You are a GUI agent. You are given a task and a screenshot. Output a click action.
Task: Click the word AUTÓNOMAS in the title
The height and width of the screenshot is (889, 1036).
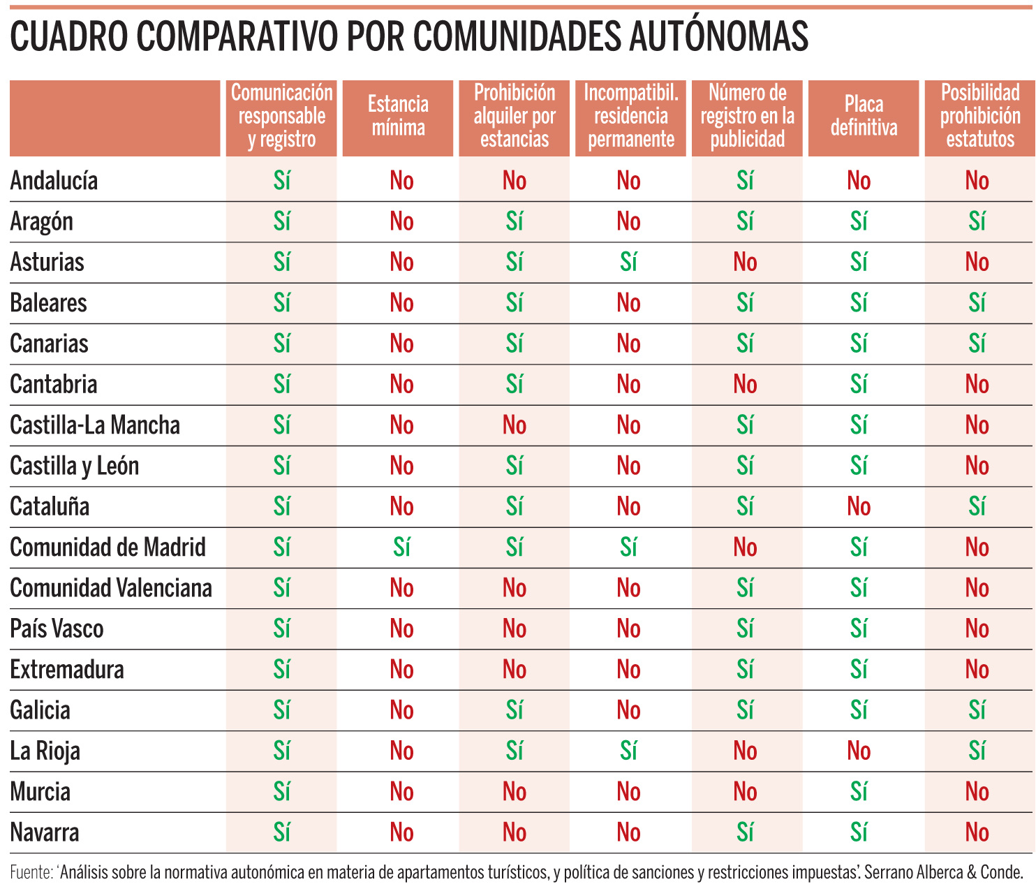718,36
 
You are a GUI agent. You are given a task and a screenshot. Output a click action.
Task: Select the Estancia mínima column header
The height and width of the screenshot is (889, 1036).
398,117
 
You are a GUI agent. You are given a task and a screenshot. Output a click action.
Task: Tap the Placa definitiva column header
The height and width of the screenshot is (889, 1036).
864,117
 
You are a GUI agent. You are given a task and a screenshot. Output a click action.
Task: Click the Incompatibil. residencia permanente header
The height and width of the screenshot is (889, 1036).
630,117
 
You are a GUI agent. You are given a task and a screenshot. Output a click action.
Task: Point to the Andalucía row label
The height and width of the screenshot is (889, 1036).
54,181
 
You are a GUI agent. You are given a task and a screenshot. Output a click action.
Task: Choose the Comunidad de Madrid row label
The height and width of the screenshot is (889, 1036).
108,547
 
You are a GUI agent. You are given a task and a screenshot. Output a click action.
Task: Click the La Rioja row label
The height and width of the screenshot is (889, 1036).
45,751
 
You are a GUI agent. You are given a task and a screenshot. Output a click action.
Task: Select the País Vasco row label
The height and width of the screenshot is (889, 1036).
57,629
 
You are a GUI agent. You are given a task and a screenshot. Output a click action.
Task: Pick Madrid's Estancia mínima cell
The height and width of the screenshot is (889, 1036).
401,547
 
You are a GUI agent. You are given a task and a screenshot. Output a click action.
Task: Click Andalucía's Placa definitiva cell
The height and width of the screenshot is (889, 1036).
859,181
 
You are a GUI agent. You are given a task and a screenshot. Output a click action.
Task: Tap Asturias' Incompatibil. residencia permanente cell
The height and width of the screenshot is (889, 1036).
628,262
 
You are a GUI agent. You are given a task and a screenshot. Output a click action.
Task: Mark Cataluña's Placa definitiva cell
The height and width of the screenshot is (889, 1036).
859,506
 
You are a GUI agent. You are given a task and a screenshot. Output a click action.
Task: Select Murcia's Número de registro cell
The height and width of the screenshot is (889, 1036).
745,791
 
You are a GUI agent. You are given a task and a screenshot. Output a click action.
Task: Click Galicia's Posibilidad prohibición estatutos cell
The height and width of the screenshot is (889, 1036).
977,710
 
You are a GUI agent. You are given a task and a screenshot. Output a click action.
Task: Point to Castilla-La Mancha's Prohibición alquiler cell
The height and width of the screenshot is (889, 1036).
515,425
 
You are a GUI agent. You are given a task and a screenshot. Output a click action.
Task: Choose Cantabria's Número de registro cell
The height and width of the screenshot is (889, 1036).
745,384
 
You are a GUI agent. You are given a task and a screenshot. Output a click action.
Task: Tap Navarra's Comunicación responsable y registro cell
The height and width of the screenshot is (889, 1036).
281,832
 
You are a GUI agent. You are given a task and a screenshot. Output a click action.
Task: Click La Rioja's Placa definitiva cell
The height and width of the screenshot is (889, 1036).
859,751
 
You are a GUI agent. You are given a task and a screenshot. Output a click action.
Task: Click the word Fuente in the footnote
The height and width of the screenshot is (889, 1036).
31,872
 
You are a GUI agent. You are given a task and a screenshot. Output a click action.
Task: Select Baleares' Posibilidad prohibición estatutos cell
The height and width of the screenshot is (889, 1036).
977,302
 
